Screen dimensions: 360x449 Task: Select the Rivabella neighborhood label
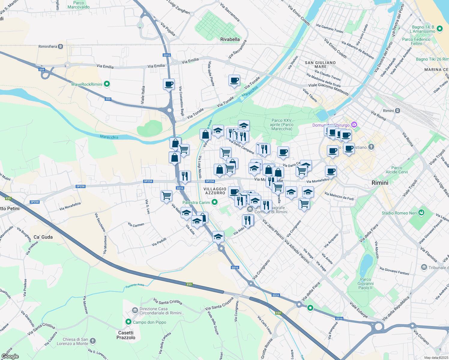pos(230,39)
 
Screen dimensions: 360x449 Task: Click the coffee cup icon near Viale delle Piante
pos(234,80)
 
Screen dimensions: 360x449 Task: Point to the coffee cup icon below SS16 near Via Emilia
pos(169,84)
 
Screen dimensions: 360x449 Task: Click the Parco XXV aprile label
pos(282,124)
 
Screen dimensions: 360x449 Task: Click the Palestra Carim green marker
pos(214,202)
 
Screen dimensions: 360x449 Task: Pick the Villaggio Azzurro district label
pos(215,191)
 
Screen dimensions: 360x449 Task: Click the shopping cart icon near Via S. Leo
pos(166,196)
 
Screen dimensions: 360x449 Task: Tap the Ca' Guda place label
pos(43,237)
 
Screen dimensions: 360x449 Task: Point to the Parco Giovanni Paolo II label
pos(365,283)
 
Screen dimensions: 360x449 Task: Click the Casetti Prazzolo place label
pos(126,335)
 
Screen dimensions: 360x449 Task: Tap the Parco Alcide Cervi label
pos(396,170)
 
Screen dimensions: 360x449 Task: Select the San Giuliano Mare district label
pos(320,64)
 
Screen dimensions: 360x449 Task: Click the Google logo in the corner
pos(10,356)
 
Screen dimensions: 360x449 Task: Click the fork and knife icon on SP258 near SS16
pos(185,176)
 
